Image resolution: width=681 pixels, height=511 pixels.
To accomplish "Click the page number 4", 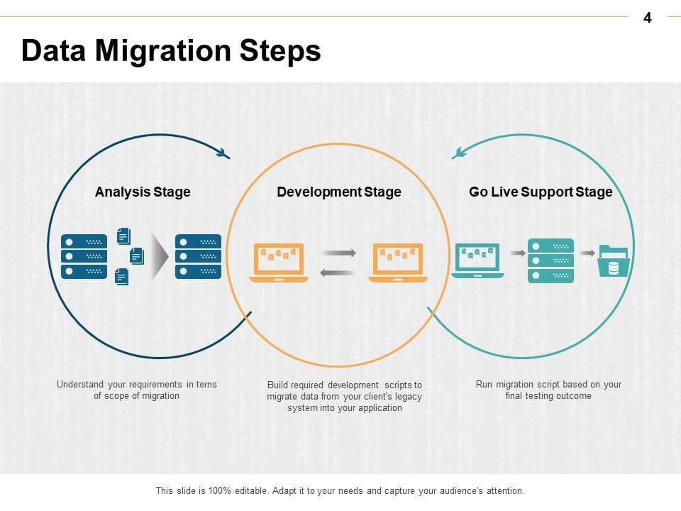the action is click(x=647, y=18).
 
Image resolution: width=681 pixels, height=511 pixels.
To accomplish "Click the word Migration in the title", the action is click(x=163, y=52).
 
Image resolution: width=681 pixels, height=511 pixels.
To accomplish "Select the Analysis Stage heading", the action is click(x=143, y=192).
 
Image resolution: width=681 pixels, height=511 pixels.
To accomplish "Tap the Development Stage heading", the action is click(x=339, y=192).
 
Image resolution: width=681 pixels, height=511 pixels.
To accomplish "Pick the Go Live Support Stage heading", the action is click(x=541, y=192).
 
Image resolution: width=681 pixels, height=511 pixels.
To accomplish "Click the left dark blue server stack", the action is click(x=84, y=256).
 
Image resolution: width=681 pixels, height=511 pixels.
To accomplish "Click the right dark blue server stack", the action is click(x=198, y=256).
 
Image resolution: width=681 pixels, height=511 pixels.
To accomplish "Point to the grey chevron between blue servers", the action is click(x=160, y=256).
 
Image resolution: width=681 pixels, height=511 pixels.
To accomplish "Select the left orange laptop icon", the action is click(x=278, y=263).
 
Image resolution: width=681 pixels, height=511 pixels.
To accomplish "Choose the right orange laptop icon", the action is click(x=398, y=263).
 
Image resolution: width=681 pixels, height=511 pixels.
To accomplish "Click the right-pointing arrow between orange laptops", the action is click(x=338, y=253).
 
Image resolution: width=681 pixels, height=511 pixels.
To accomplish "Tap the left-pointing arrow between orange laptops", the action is click(x=338, y=273).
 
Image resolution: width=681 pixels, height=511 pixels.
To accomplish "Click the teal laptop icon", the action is click(x=477, y=260).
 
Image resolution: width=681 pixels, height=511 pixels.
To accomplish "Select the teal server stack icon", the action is click(x=550, y=260).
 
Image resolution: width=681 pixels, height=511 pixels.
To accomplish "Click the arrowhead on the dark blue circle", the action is click(x=223, y=153).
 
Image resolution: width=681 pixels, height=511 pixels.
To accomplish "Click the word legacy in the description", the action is click(x=408, y=397).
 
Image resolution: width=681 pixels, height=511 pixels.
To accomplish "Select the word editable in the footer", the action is click(x=252, y=491).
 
